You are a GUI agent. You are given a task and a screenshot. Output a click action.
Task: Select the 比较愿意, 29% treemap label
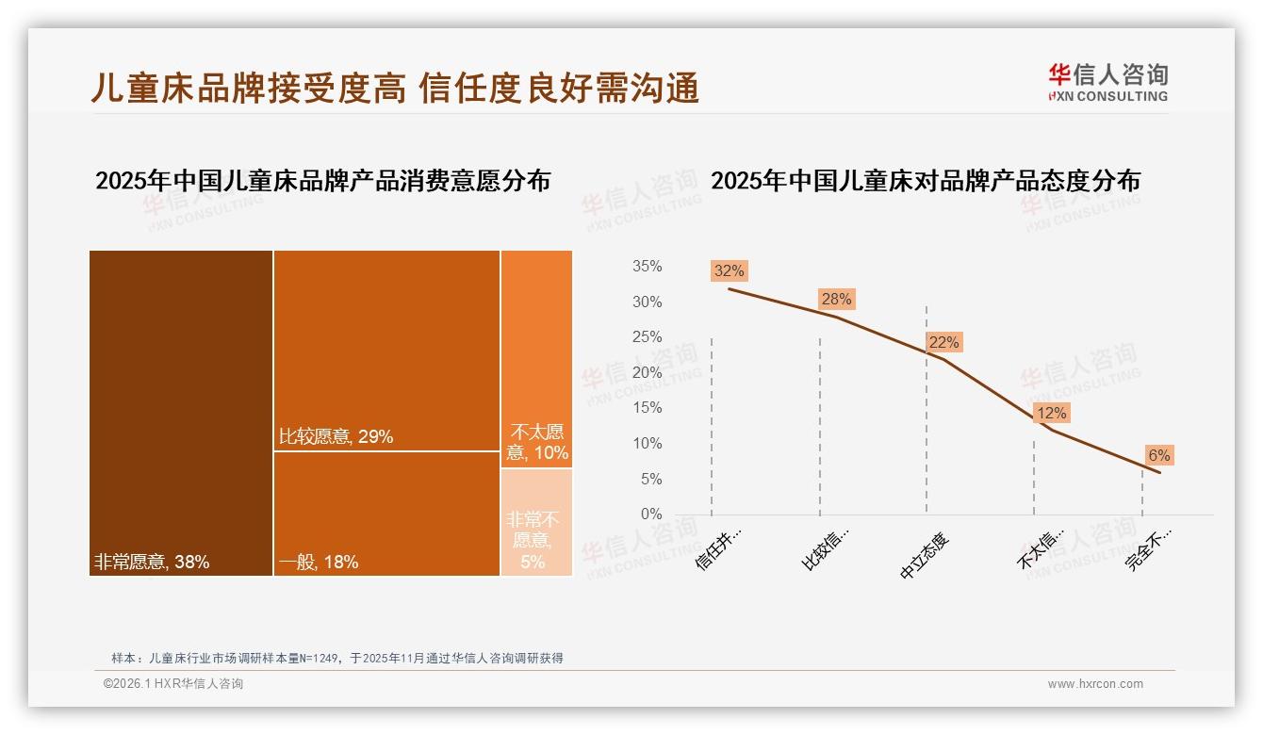tap(336, 436)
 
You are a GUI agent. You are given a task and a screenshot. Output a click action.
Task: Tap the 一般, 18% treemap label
tap(318, 563)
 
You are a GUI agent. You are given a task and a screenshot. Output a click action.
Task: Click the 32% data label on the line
tap(729, 271)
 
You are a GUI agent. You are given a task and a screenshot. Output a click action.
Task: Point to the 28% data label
tap(835, 300)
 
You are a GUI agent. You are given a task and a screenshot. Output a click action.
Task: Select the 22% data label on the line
tap(943, 343)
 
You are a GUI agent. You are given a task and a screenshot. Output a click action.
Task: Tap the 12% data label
tap(1051, 413)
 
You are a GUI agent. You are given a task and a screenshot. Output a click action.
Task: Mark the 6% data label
tap(1158, 456)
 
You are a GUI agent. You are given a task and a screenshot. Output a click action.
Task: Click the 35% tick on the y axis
tap(647, 267)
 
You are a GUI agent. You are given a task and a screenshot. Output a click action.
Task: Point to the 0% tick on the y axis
tap(650, 514)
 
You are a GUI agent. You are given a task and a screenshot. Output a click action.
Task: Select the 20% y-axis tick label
tap(647, 373)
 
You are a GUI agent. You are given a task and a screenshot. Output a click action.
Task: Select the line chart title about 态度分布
tap(925, 181)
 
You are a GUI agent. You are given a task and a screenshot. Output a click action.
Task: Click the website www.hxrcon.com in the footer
tap(1095, 684)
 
